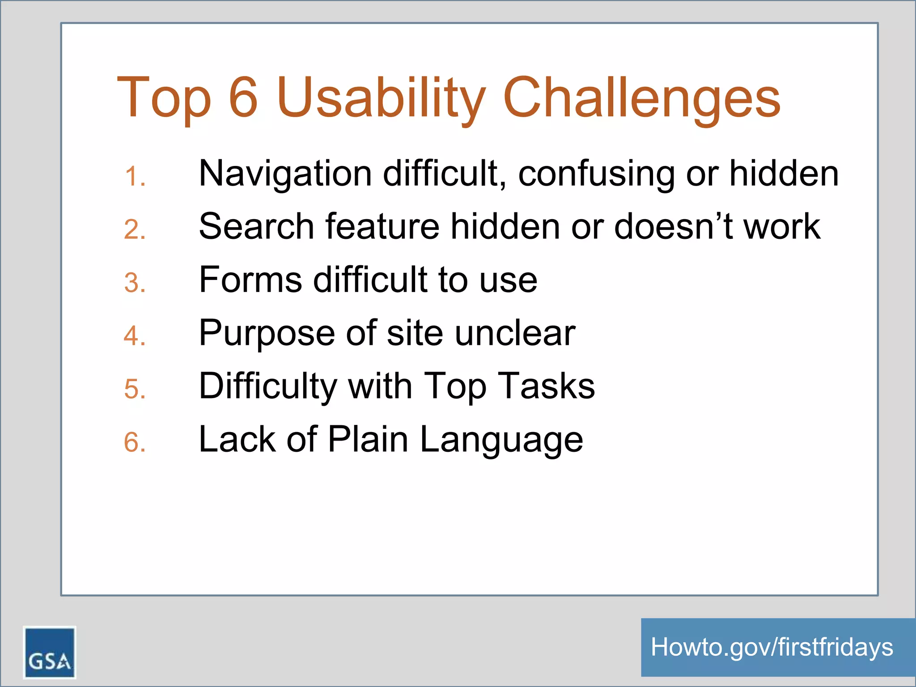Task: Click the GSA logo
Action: (x=49, y=652)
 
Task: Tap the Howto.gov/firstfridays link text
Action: (x=772, y=647)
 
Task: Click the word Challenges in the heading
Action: (x=641, y=98)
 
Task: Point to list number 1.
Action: (x=135, y=176)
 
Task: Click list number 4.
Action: (x=135, y=336)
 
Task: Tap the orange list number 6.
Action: (x=135, y=442)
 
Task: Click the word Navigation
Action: (x=285, y=174)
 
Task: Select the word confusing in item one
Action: (x=596, y=174)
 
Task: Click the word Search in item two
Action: (x=257, y=226)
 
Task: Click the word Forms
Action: (x=250, y=280)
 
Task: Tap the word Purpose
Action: (x=267, y=333)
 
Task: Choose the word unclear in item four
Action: (x=515, y=333)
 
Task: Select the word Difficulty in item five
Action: (x=267, y=386)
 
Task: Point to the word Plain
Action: (x=368, y=439)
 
